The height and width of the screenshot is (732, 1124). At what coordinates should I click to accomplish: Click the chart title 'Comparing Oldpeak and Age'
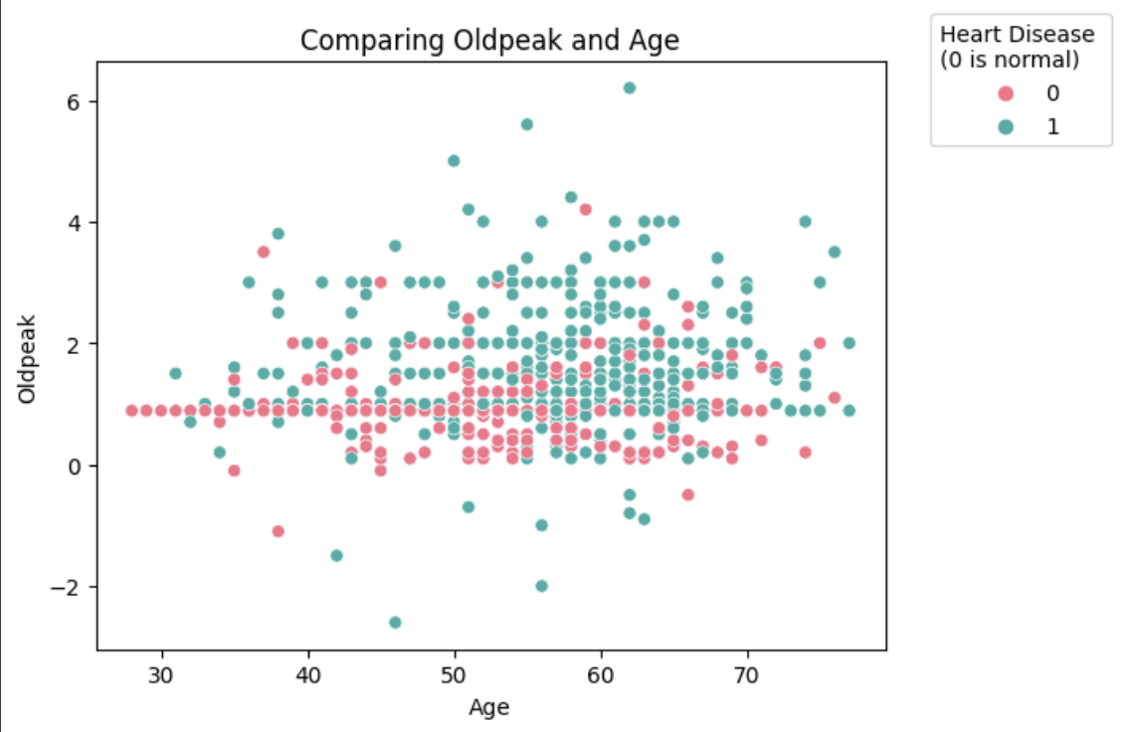pyautogui.click(x=489, y=41)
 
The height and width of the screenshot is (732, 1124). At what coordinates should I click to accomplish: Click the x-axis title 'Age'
pyautogui.click(x=489, y=707)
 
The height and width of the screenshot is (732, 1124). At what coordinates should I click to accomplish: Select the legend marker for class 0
pyautogui.click(x=1006, y=94)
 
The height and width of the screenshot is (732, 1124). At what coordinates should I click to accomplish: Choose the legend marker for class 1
pyautogui.click(x=1006, y=126)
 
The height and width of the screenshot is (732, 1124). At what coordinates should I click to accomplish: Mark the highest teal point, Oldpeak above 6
pyautogui.click(x=629, y=88)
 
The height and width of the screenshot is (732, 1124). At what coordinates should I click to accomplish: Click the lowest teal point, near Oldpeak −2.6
pyautogui.click(x=395, y=623)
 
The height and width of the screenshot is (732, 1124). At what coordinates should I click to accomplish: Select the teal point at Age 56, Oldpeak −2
pyautogui.click(x=541, y=586)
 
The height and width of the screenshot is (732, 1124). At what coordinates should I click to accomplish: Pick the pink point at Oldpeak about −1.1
pyautogui.click(x=278, y=531)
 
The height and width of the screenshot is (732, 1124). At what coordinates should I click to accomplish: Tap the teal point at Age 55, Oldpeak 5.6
pyautogui.click(x=527, y=124)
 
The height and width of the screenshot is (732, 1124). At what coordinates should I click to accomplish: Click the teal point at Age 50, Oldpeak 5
pyautogui.click(x=454, y=160)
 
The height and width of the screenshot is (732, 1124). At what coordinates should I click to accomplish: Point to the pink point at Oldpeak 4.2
pyautogui.click(x=585, y=209)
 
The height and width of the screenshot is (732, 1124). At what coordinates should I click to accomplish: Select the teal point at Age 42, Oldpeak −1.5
pyautogui.click(x=336, y=555)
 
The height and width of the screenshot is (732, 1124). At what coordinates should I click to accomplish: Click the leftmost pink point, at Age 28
pyautogui.click(x=131, y=410)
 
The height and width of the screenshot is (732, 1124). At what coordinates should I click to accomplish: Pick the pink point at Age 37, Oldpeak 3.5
pyautogui.click(x=264, y=252)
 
